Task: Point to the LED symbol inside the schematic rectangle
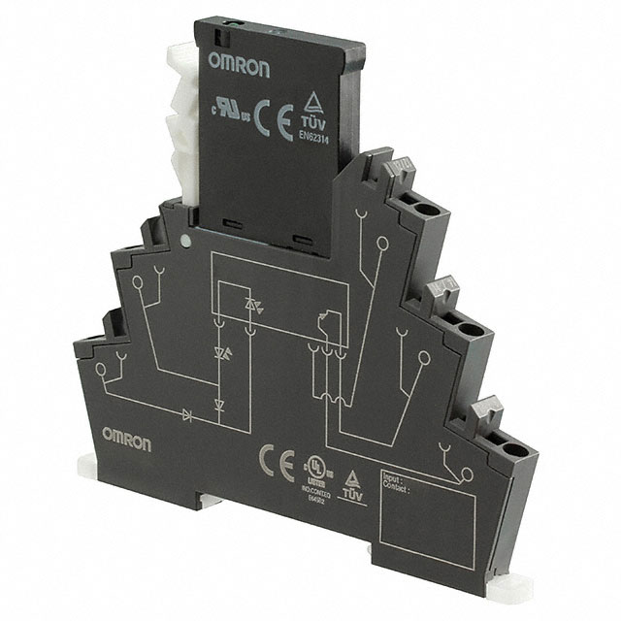(x=255, y=309)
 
